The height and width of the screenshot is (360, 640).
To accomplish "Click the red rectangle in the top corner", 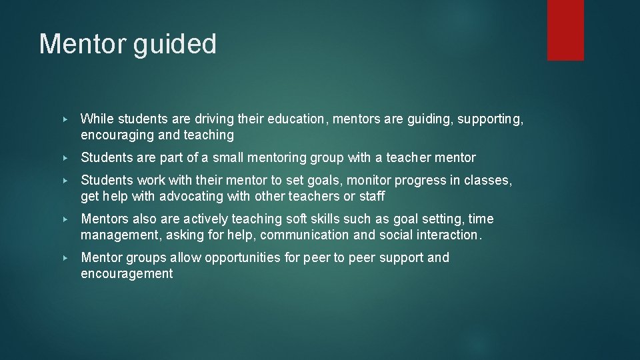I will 565,30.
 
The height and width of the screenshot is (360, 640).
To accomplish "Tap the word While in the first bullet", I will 97,119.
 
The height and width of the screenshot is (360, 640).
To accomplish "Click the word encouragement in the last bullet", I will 127,274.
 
